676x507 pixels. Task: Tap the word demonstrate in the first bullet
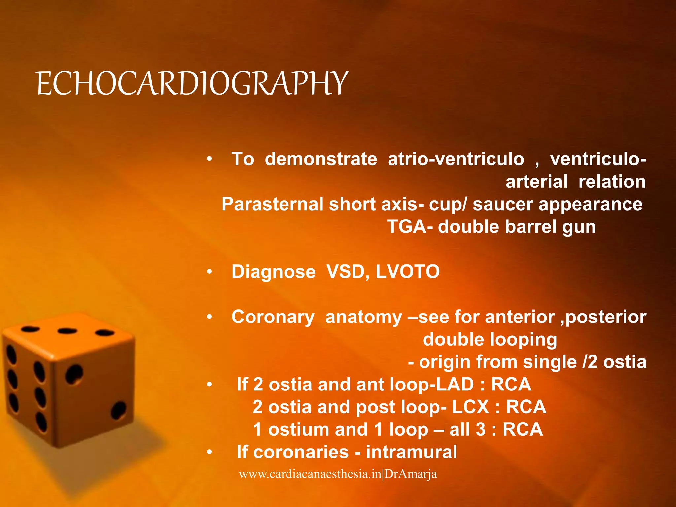pos(321,159)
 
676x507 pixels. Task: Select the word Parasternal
pos(272,204)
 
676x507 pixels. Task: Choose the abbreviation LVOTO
pos(408,272)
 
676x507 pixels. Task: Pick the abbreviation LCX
pos(470,407)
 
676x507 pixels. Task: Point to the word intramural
pos(411,452)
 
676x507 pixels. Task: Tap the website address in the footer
pos(338,474)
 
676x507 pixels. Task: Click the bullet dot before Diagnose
pos(209,272)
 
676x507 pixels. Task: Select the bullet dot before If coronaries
pos(209,452)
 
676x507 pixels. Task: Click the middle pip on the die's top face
pos(67,331)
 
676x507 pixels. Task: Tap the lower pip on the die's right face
pos(118,410)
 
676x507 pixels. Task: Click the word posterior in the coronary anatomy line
pos(606,317)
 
